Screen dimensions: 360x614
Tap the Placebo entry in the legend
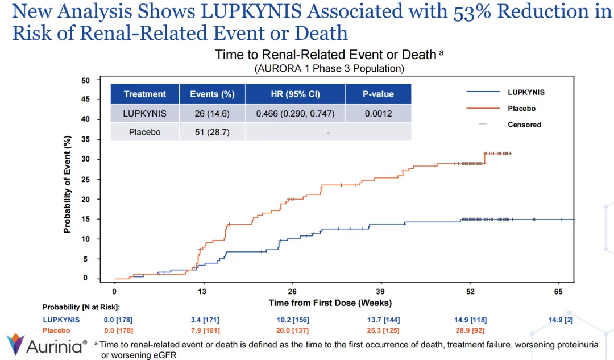[x=521, y=109]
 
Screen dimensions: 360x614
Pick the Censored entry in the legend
[x=524, y=125]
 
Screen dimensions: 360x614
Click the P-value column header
[x=378, y=94]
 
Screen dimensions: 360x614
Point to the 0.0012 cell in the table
[x=378, y=113]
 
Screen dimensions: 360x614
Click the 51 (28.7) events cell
[x=212, y=132]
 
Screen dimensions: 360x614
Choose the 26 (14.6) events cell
[x=212, y=113]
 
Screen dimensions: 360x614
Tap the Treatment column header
[x=145, y=94]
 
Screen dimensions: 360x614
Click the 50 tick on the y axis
[x=85, y=81]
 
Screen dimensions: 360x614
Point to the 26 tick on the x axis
[x=292, y=291]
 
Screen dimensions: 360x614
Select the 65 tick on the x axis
[x=559, y=291]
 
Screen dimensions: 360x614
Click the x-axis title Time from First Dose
[x=330, y=303]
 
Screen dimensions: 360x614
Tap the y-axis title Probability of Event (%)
[x=67, y=184]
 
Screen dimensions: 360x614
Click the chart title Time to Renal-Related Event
[x=326, y=55]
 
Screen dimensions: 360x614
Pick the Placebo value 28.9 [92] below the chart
[x=470, y=330]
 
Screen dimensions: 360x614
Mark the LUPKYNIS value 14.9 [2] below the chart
[x=559, y=320]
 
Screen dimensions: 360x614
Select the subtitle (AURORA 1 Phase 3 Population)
[x=329, y=68]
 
